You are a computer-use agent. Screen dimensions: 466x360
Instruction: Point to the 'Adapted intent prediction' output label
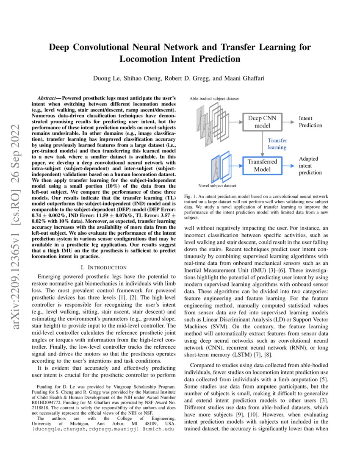pos(310,165)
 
